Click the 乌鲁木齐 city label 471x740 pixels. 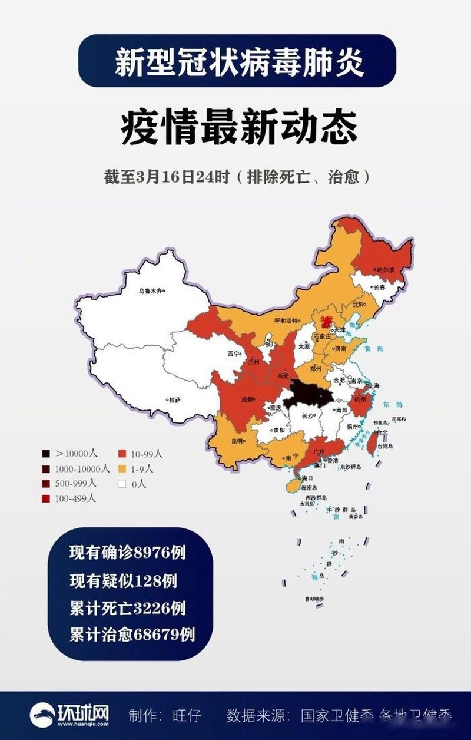pos(150,290)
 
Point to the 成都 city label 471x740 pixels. pos(247,399)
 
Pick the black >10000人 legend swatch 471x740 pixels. pos(45,454)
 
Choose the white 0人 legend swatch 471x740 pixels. pos(122,484)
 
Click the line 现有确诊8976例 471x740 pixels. pos(127,552)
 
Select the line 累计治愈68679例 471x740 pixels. pos(132,635)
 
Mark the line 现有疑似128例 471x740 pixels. pos(123,580)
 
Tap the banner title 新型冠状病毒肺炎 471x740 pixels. pos(238,61)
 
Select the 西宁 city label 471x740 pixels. pos(234,354)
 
